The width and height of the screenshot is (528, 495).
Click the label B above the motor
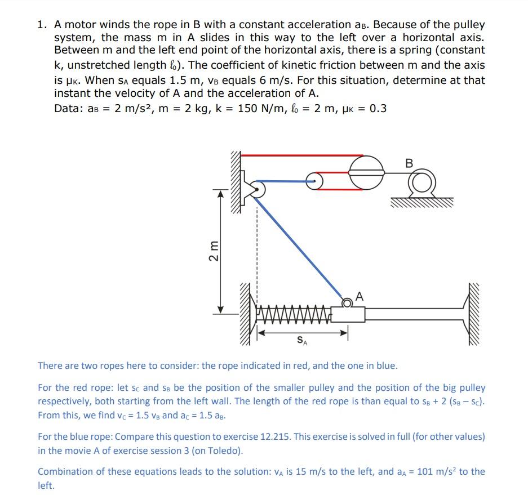pos(409,163)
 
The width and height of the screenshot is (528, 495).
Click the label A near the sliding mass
pos(360,296)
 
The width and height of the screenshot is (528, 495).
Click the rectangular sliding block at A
pos(348,313)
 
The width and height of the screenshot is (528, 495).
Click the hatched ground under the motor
pos(420,202)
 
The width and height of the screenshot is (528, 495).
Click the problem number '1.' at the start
pos(42,25)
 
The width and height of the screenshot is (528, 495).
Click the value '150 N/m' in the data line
pos(257,108)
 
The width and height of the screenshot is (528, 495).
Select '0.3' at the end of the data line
pos(378,108)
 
